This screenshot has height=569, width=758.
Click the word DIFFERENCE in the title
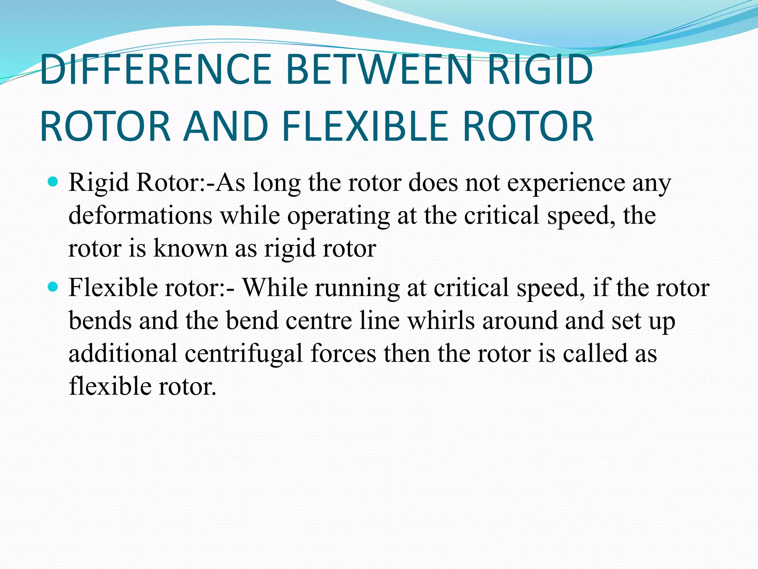156,70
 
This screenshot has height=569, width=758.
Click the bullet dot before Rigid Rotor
53,182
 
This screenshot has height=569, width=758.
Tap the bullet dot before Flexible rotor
53,287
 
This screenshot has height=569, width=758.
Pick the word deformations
140,215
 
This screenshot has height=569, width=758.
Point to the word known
190,248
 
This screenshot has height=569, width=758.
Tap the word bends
100,320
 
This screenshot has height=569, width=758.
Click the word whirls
441,320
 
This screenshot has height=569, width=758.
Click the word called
595,353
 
